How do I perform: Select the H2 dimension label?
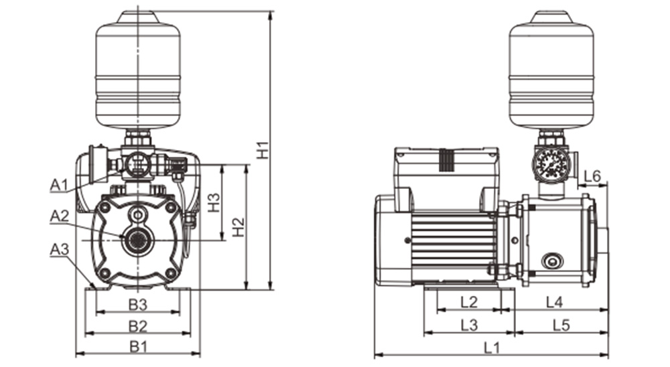coord(239,227)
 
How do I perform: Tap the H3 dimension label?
coord(214,202)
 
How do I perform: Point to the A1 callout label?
coord(60,186)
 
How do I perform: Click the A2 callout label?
coord(60,216)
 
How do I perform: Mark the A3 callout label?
coord(60,250)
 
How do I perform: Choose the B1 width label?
coord(138,346)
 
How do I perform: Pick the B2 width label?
coord(138,326)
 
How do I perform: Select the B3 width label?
coord(138,305)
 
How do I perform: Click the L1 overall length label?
coord(492,348)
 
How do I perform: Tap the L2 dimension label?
coord(469,303)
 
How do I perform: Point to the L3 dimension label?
coord(469,325)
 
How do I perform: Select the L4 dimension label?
coord(555,303)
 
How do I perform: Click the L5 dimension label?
coord(561,325)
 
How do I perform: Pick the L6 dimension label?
coord(592,176)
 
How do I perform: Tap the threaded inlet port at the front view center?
coord(137,240)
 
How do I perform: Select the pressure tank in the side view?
coord(551,70)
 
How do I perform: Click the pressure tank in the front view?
coord(138,70)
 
